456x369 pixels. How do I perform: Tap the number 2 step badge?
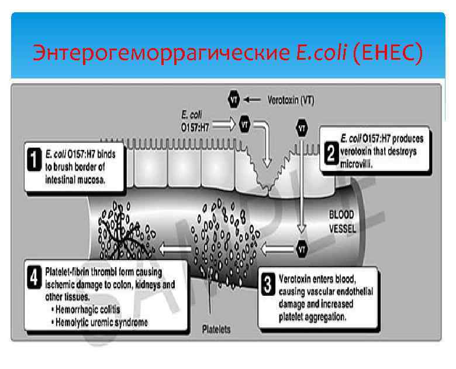[x=330, y=154]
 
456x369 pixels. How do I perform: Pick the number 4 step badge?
[x=36, y=274]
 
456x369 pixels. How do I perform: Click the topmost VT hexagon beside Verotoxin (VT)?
[x=235, y=100]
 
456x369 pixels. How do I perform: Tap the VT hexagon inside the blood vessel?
[x=302, y=248]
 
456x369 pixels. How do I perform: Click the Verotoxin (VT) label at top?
[x=290, y=100]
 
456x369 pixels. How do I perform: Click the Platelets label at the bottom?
[x=216, y=329]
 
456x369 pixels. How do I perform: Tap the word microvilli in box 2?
[x=356, y=165]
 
